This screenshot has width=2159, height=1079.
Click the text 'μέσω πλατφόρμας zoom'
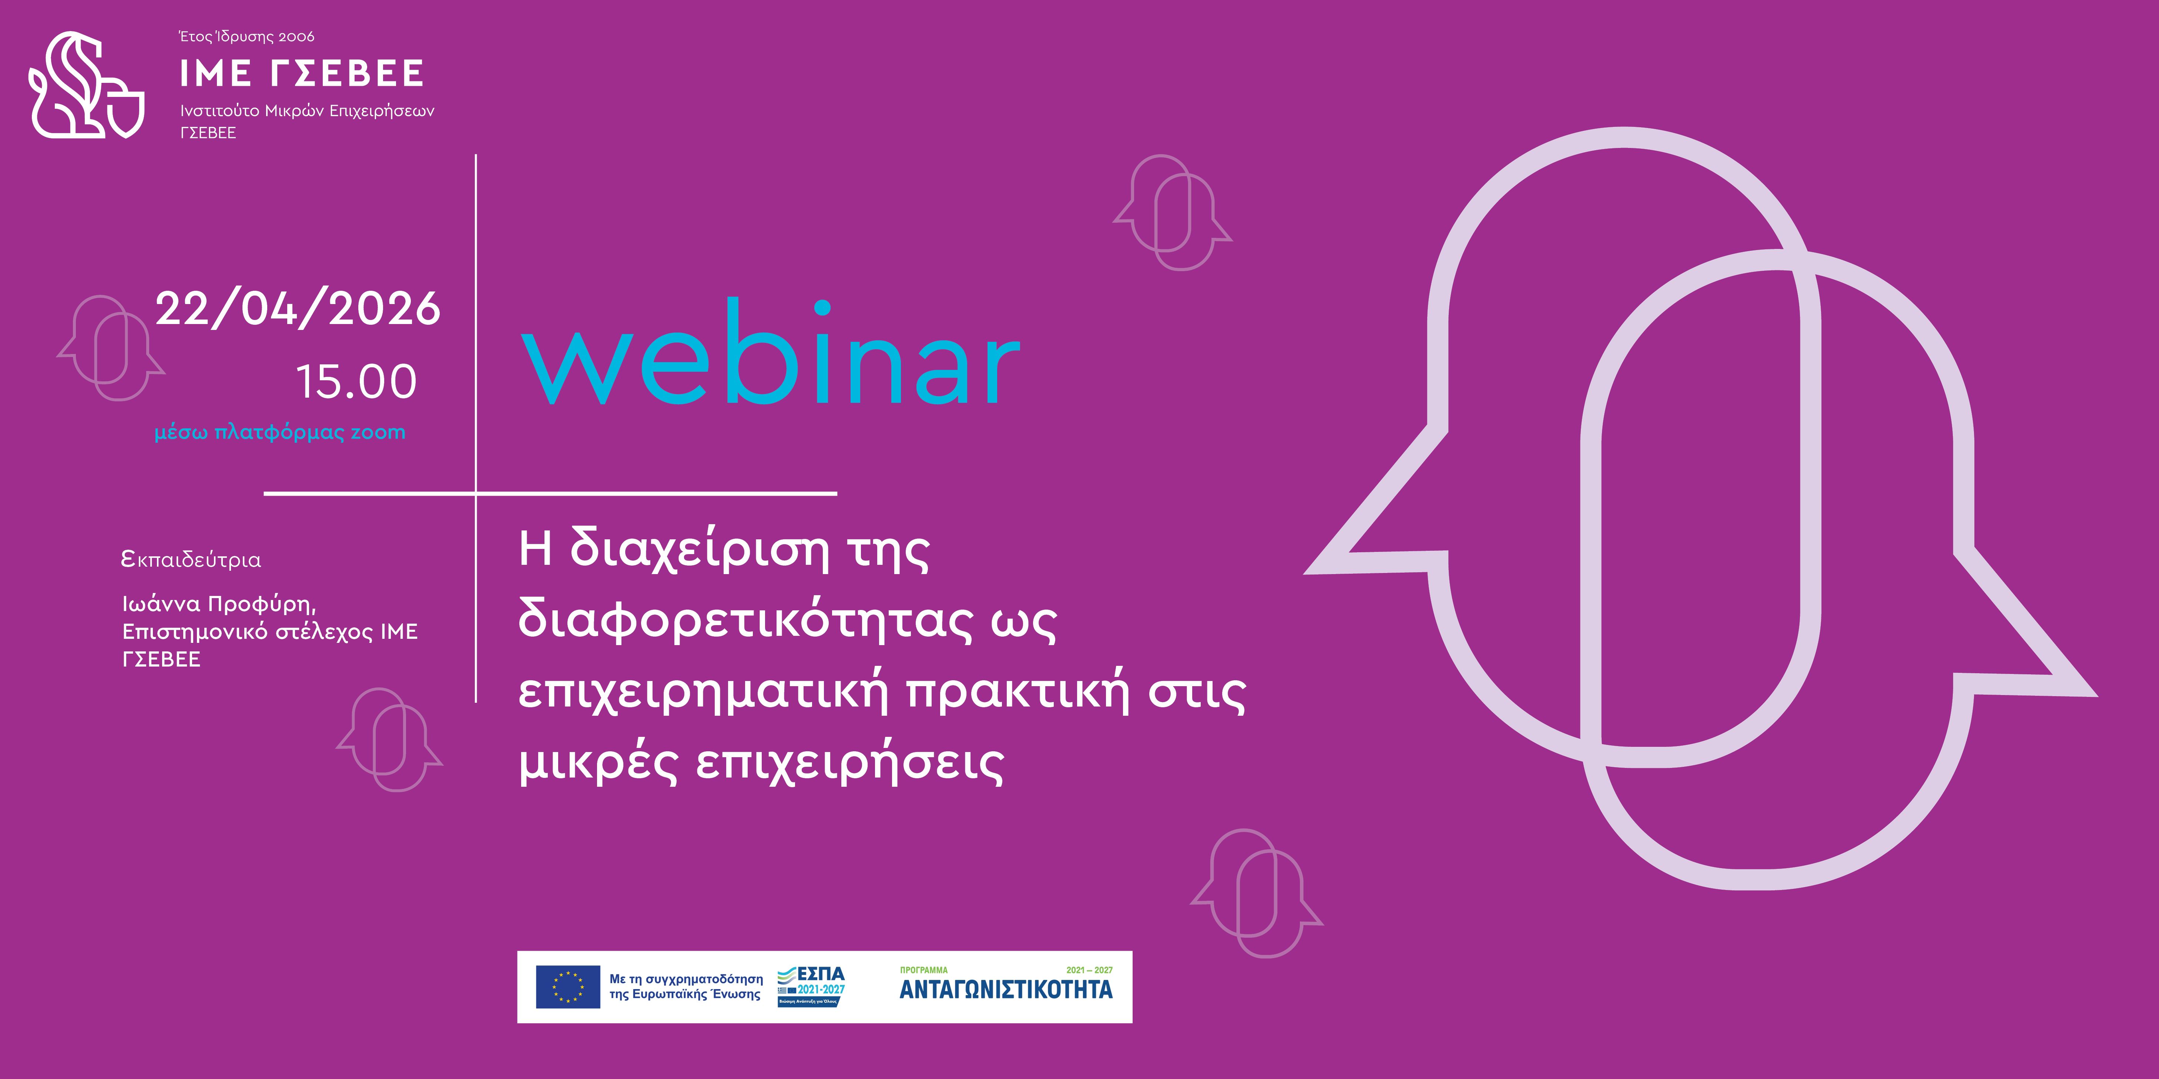[x=280, y=432]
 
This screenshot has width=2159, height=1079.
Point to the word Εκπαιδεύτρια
[x=191, y=559]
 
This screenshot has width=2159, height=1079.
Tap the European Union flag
[x=567, y=987]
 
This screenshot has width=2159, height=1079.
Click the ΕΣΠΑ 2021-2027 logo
[x=811, y=986]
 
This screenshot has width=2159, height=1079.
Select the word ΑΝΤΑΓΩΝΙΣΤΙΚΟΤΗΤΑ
[x=1006, y=989]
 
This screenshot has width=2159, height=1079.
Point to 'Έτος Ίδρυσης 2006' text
[x=247, y=37]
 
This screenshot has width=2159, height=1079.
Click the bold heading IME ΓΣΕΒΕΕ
[x=302, y=74]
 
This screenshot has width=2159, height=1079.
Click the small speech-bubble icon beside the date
[x=111, y=348]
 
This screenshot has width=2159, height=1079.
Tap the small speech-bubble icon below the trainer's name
[x=389, y=740]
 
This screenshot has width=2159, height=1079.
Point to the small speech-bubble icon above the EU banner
[x=1256, y=893]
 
